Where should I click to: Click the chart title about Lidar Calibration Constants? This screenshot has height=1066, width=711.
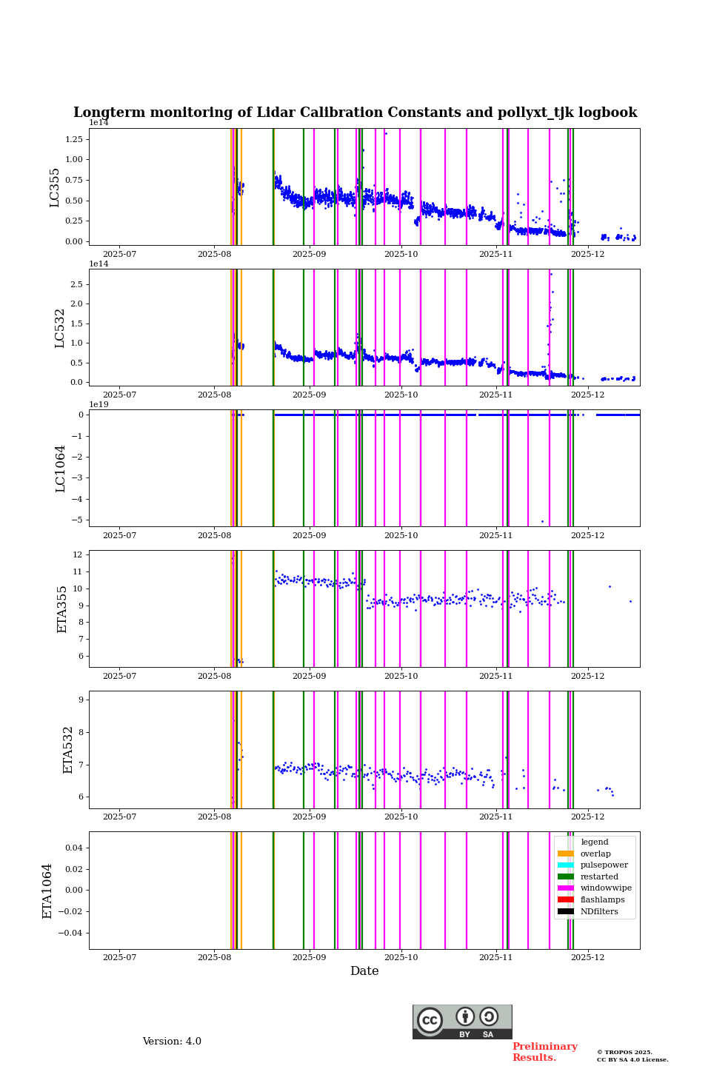tap(355, 113)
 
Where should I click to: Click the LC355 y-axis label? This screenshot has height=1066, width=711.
tap(55, 187)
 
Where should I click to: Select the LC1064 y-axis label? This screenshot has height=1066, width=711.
tap(61, 468)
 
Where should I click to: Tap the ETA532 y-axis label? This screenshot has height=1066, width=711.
tap(68, 749)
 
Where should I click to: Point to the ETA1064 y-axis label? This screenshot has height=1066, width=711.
tap(47, 891)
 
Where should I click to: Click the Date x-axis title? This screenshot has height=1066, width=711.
tap(364, 971)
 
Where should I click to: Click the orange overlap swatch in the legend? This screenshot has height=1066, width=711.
tap(566, 854)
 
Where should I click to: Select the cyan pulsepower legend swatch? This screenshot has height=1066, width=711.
tap(566, 865)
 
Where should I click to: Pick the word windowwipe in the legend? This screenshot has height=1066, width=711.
tap(606, 888)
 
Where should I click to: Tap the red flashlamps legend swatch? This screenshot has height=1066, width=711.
tap(566, 900)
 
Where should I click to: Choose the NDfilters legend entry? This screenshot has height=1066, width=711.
tap(598, 911)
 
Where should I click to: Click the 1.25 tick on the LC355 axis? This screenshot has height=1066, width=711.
tap(73, 139)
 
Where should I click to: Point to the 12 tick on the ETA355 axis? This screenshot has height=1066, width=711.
tap(77, 554)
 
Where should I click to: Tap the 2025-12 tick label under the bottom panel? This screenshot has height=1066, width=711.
tap(587, 958)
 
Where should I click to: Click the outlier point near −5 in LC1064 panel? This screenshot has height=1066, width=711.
tap(542, 521)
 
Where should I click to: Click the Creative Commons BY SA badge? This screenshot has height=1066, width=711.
tap(462, 1022)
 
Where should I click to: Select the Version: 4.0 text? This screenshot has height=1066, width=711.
tap(172, 1042)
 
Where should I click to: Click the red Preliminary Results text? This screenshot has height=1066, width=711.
tap(544, 1052)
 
